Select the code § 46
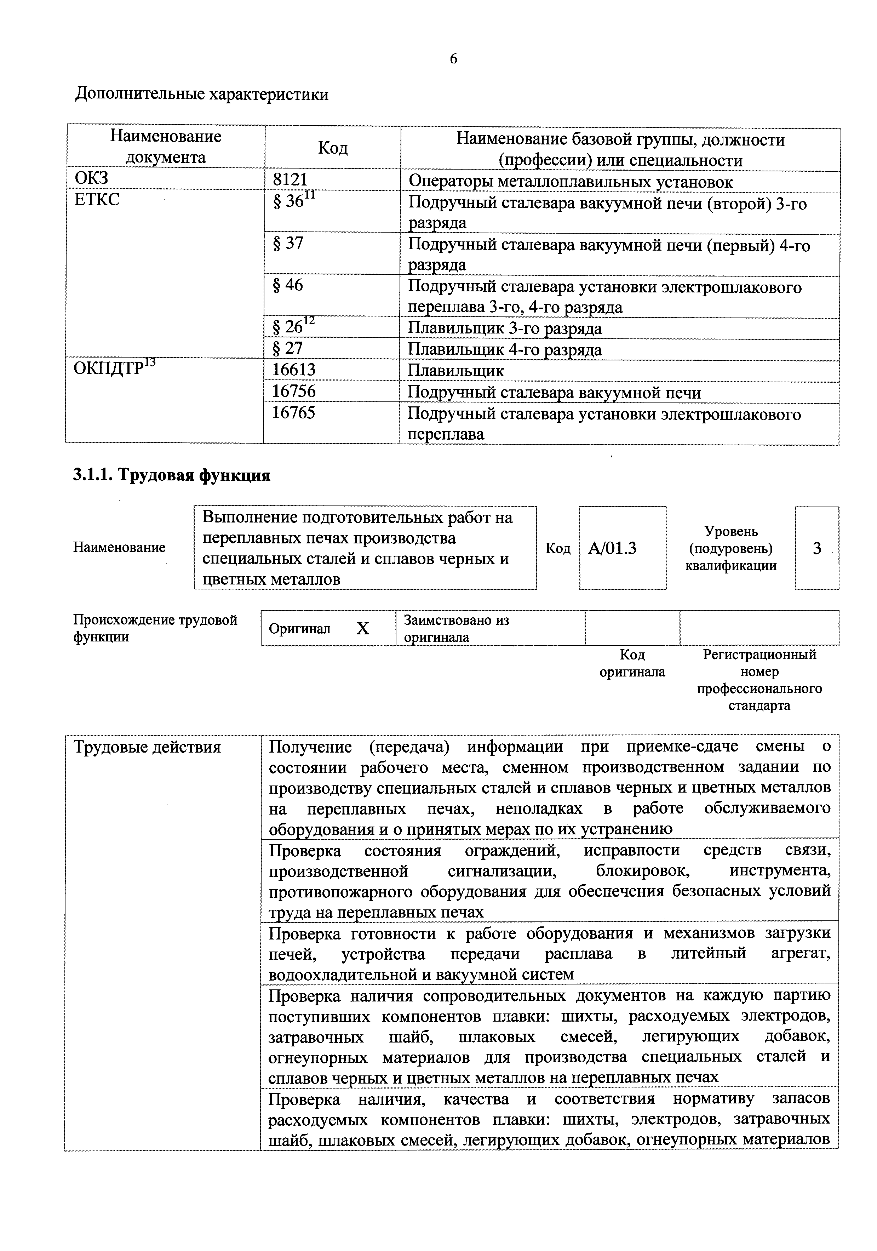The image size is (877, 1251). [288, 285]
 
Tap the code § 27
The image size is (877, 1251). [288, 348]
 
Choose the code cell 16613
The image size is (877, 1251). [294, 370]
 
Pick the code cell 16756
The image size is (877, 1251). [294, 391]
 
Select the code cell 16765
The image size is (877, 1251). [294, 412]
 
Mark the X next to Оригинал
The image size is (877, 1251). [363, 629]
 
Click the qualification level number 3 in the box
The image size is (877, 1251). [816, 548]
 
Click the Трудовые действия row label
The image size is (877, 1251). [147, 747]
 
